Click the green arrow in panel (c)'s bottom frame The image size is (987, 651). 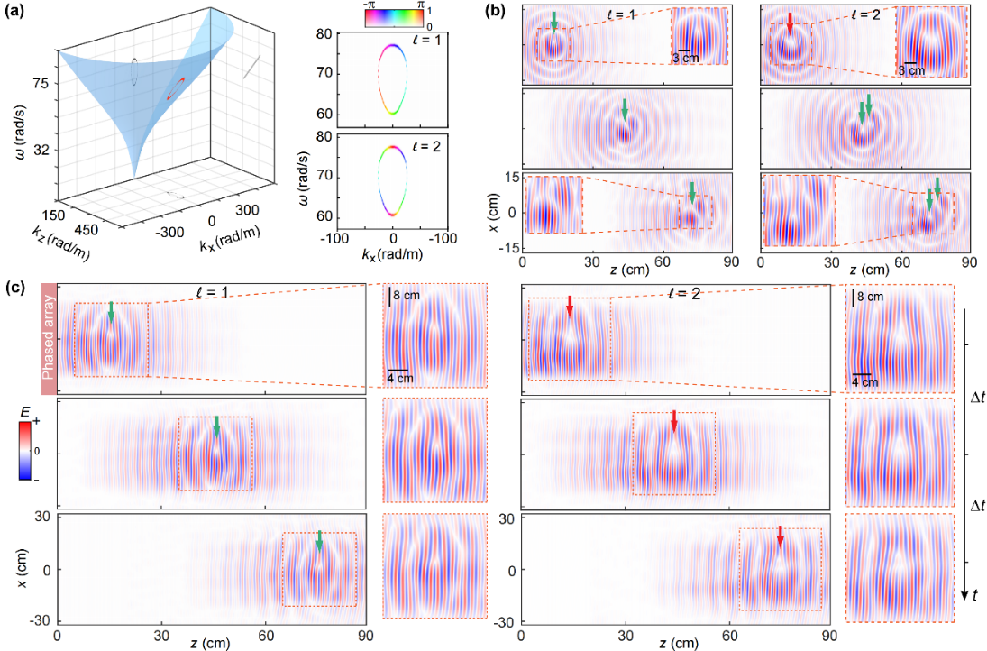click(319, 540)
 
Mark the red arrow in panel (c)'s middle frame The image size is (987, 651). click(673, 420)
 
